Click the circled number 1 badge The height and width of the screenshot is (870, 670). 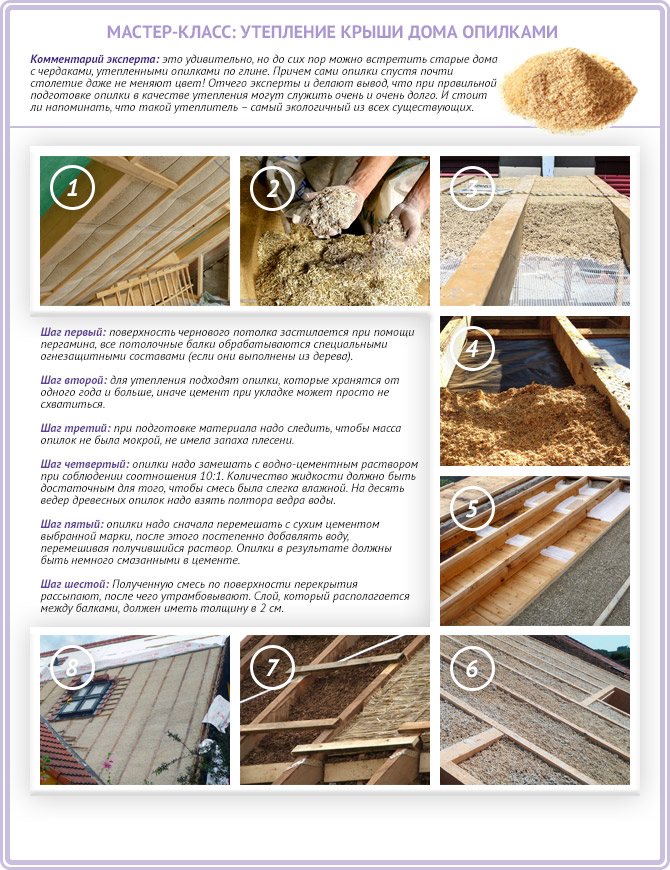coord(73,188)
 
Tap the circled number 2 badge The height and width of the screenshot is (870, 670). coord(272,188)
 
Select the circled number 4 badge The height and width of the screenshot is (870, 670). coord(472,348)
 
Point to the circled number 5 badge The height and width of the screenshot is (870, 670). coord(472,508)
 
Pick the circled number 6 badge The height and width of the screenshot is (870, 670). coord(472,667)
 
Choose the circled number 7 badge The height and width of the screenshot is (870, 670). coord(272,667)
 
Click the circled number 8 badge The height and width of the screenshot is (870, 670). coord(73,667)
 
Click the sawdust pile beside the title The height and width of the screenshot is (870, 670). coord(570,89)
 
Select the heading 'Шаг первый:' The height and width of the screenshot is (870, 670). coord(73,332)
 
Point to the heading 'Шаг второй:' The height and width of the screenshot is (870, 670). coord(74,381)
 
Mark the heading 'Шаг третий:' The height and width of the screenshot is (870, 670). coord(75,428)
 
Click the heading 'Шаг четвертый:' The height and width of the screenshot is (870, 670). coord(85,464)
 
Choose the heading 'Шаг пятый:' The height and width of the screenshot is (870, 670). coord(72,524)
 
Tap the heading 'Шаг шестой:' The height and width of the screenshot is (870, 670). coord(75,584)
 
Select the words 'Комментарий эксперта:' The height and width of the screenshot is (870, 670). coord(95,59)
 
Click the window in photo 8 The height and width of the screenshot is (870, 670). coord(85,698)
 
